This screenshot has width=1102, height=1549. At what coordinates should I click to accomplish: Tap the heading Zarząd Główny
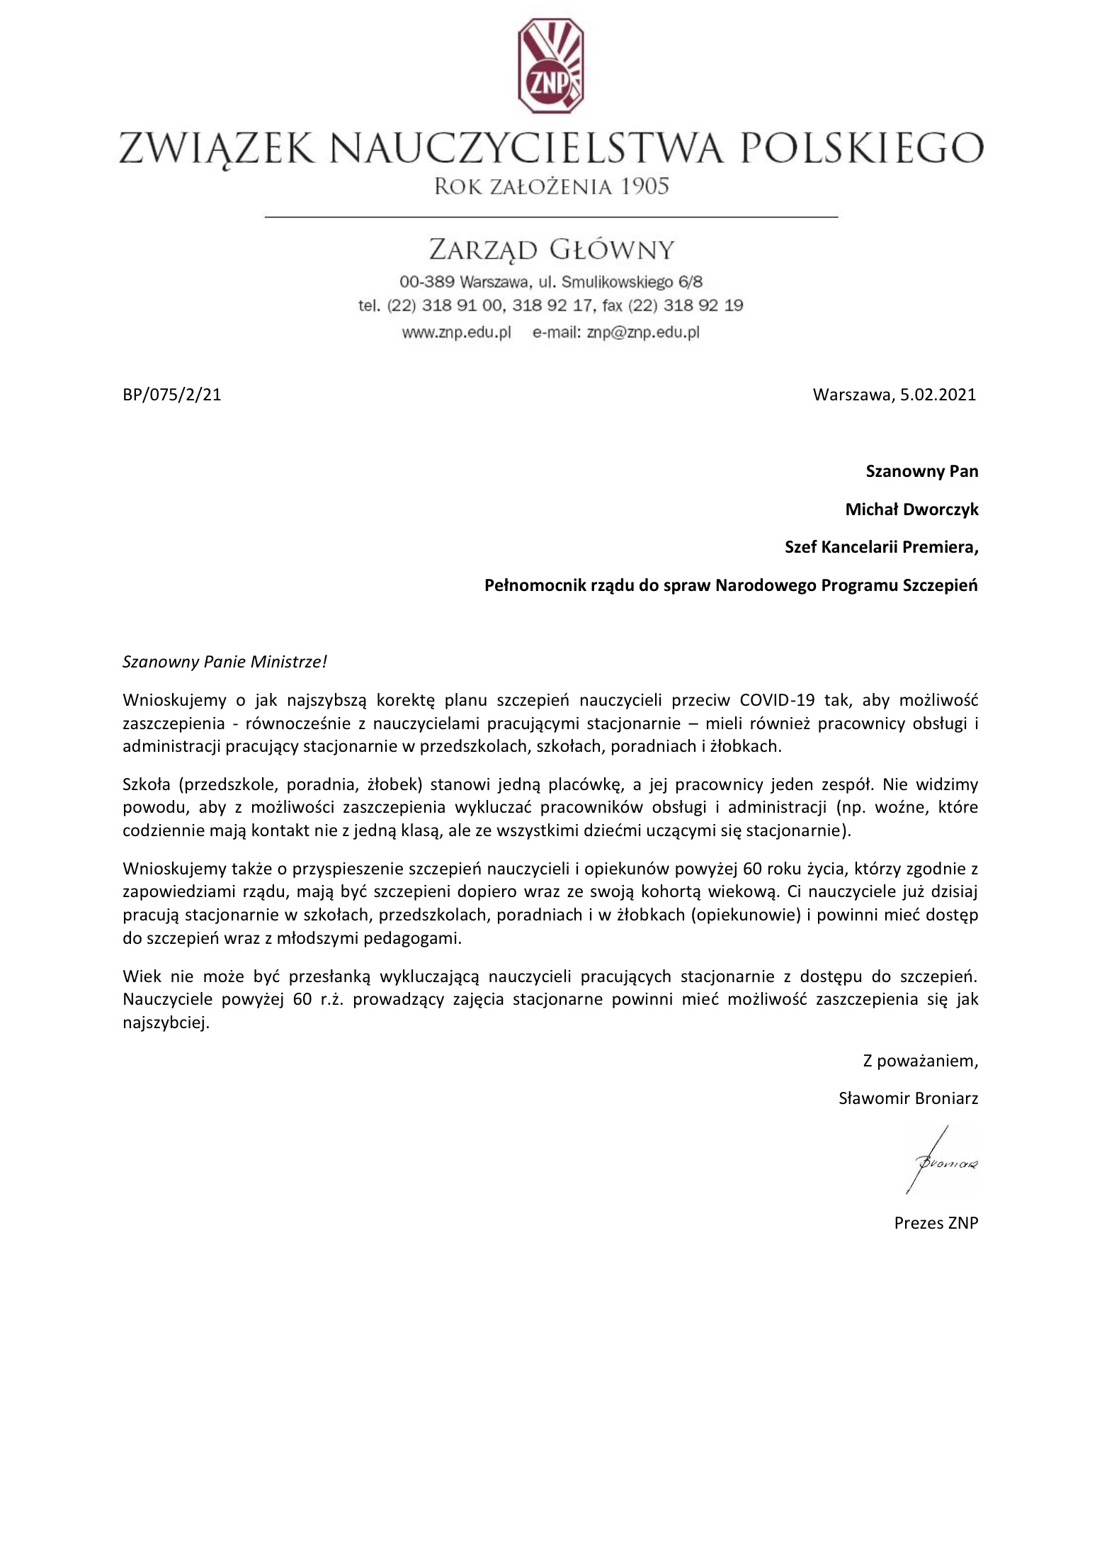pyautogui.click(x=551, y=249)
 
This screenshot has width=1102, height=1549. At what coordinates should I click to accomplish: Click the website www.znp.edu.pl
pyautogui.click(x=457, y=332)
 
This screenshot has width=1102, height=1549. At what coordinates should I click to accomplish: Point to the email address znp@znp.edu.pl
pyautogui.click(x=643, y=332)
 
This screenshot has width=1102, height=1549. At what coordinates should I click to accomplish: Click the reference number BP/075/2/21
pyautogui.click(x=172, y=395)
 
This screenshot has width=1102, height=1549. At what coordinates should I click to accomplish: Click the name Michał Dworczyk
pyautogui.click(x=911, y=509)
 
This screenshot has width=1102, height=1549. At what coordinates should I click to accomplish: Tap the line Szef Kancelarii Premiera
pyautogui.click(x=881, y=548)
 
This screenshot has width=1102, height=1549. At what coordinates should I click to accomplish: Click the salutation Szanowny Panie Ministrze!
pyautogui.click(x=225, y=662)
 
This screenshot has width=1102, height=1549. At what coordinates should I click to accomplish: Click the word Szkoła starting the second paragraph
pyautogui.click(x=146, y=784)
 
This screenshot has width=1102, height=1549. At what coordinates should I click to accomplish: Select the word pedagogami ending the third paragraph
pyautogui.click(x=421, y=939)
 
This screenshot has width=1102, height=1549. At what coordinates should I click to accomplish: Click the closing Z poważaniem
pyautogui.click(x=920, y=1061)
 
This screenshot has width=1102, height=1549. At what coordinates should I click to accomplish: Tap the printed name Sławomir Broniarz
pyautogui.click(x=908, y=1099)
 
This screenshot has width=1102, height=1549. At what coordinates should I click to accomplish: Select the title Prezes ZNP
pyautogui.click(x=936, y=1223)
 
